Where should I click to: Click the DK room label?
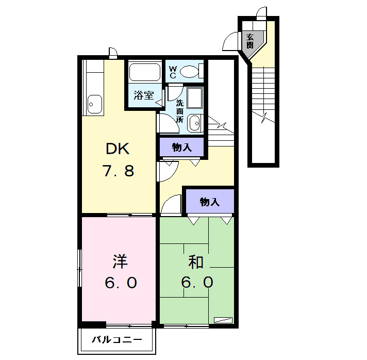coord(118,149)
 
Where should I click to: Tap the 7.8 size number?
coord(118,171)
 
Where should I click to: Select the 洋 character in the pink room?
coord(120,261)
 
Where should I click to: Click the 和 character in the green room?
coord(196,262)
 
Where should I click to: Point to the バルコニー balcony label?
coord(117,339)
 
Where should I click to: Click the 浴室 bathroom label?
coord(144,95)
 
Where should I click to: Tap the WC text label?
coord(173,72)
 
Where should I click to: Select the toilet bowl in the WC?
coord(190,72)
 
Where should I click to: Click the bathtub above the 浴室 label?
coord(145,72)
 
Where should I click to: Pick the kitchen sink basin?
coord(95,104)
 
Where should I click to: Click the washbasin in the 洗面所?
coord(195,123)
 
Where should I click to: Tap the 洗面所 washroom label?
coord(180,111)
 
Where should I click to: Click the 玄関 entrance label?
coord(250,41)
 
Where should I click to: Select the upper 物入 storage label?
coord(182,148)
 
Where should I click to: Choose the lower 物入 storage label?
coord(210,202)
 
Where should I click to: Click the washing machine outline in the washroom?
coord(195,98)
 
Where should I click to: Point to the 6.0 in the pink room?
coord(121,283)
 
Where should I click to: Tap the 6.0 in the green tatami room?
coord(197,282)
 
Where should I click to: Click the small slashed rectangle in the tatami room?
coord(223,320)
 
